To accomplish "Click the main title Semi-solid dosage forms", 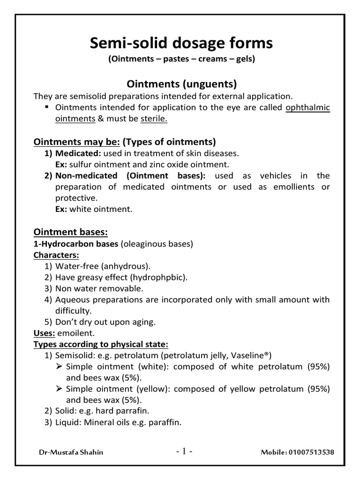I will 181,44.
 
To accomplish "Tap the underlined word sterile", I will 154,119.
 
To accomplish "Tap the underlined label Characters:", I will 56,255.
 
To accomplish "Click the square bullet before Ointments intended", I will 47,107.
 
